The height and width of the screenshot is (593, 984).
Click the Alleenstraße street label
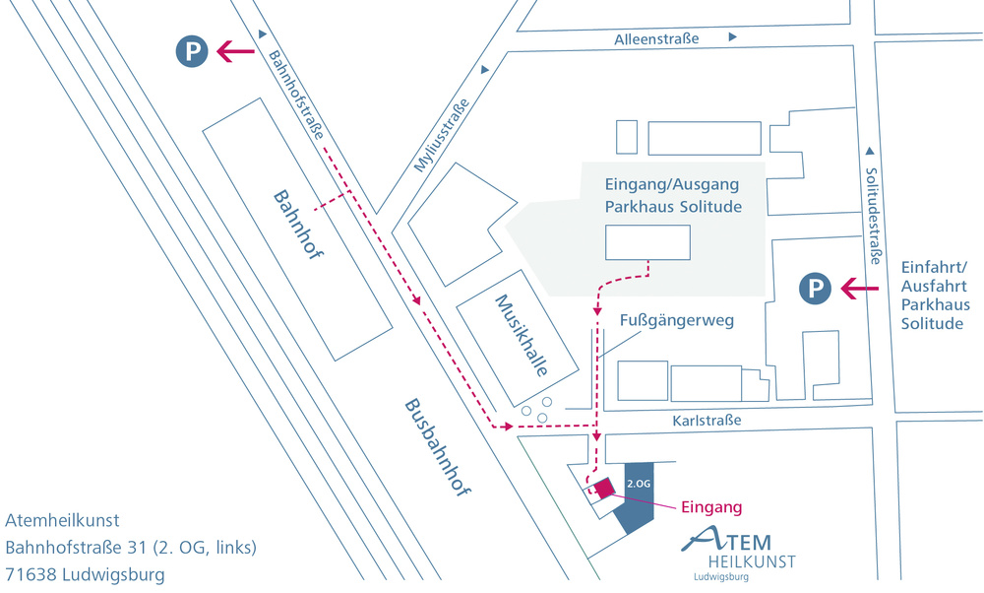click(656, 39)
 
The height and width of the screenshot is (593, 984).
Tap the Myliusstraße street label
click(441, 135)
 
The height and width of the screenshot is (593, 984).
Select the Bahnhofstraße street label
click(297, 95)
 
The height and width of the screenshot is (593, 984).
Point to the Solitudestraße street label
click(873, 216)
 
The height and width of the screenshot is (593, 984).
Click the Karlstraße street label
click(707, 421)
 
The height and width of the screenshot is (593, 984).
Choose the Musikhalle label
click(522, 335)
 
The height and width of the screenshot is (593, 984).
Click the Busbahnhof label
click(437, 446)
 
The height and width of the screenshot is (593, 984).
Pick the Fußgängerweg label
click(677, 320)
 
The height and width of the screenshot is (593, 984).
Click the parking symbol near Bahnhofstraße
click(192, 51)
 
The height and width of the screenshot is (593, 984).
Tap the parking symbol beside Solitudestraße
click(815, 289)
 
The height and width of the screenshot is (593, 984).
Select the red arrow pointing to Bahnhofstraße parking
click(235, 51)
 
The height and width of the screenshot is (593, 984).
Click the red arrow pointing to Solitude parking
click(860, 289)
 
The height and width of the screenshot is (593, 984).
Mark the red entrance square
click(604, 489)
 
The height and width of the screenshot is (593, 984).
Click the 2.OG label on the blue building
click(639, 484)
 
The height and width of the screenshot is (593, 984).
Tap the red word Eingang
click(711, 507)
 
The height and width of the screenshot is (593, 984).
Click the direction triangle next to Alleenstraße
click(732, 37)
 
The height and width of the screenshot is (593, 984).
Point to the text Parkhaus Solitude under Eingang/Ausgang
click(673, 207)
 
